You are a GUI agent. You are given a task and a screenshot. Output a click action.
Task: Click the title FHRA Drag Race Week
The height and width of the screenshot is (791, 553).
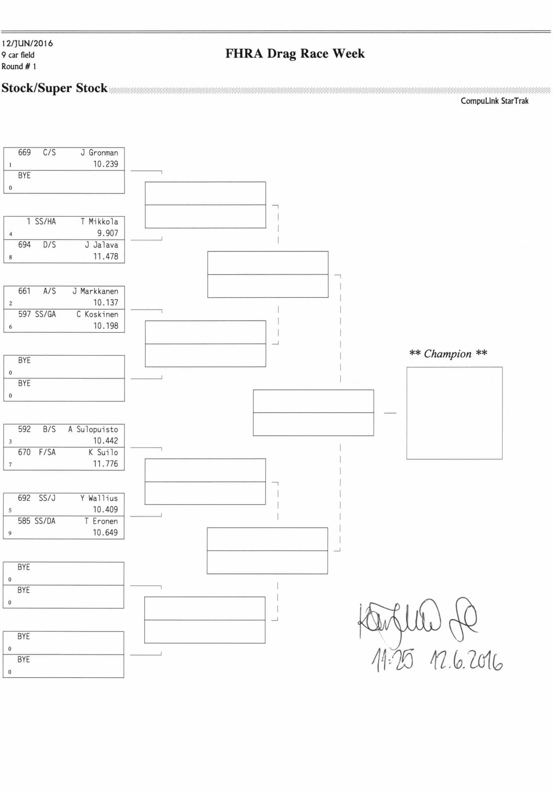click(x=295, y=53)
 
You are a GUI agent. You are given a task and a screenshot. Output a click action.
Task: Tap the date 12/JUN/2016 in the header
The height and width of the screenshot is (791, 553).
click(x=27, y=44)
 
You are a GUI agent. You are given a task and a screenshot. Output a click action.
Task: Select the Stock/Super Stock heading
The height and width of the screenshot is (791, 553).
click(x=54, y=88)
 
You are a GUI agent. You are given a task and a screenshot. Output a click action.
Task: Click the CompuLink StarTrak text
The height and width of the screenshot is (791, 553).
click(x=494, y=101)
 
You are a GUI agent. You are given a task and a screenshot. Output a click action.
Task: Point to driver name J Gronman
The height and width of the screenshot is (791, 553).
click(x=99, y=153)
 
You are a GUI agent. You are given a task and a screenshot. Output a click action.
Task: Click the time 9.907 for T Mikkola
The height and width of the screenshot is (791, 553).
click(x=107, y=233)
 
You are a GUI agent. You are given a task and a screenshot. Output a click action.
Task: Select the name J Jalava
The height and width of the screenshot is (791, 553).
click(x=101, y=245)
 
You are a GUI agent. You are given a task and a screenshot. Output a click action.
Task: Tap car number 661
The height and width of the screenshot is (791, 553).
click(x=24, y=291)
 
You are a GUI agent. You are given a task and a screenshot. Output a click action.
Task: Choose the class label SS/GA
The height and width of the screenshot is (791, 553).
click(x=45, y=314)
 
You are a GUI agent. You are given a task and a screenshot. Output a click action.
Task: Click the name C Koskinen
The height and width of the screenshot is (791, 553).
click(x=97, y=314)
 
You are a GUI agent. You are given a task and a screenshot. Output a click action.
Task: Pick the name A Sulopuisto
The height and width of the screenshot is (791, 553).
click(x=93, y=429)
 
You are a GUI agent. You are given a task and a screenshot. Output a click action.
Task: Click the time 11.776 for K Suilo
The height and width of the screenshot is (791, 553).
click(x=105, y=464)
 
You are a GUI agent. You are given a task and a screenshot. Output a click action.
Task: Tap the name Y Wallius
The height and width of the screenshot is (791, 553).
click(x=99, y=498)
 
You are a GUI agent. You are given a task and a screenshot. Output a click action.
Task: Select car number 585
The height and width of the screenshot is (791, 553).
click(x=24, y=521)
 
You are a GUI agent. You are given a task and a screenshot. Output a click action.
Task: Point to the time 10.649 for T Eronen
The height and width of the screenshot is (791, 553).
click(x=105, y=532)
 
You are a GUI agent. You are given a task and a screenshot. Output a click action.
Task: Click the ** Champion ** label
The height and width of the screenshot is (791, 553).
click(x=448, y=353)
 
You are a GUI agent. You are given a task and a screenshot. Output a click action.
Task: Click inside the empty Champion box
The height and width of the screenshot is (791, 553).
click(x=454, y=413)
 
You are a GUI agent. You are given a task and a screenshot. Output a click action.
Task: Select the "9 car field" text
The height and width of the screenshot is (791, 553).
click(x=18, y=55)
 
